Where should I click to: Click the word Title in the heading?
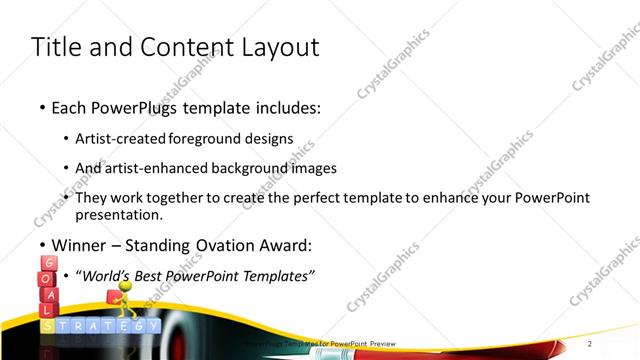pos(57,47)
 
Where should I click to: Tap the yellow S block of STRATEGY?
pos(47,326)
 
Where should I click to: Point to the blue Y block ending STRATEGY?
pos(152,326)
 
